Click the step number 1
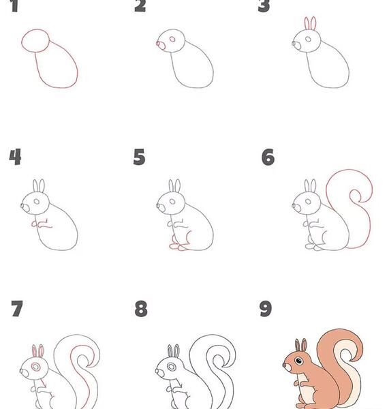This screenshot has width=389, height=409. tap(14, 5)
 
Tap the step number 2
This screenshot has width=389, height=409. tap(140, 5)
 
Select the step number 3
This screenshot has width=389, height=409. tap(264, 5)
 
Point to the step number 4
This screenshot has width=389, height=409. tap(15, 157)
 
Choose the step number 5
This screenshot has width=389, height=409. tap(139, 157)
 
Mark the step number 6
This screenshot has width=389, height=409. tap(268, 157)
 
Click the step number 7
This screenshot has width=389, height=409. tap(17, 309)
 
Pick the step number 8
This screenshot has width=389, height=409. tap(141, 309)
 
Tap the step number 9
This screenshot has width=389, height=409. tap(266, 309)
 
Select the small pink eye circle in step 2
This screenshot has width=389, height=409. tap(172, 39)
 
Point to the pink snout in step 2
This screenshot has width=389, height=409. tap(161, 46)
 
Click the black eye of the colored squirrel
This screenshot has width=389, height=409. tap(299, 361)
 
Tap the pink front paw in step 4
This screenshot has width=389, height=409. tap(34, 224)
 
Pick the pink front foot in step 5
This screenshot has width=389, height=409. tap(174, 246)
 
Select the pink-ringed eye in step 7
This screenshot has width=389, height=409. tap(36, 367)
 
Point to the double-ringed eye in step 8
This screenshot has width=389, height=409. tap(172, 367)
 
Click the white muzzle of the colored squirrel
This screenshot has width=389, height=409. tap(288, 367)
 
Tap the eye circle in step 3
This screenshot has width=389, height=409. tap(308, 40)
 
